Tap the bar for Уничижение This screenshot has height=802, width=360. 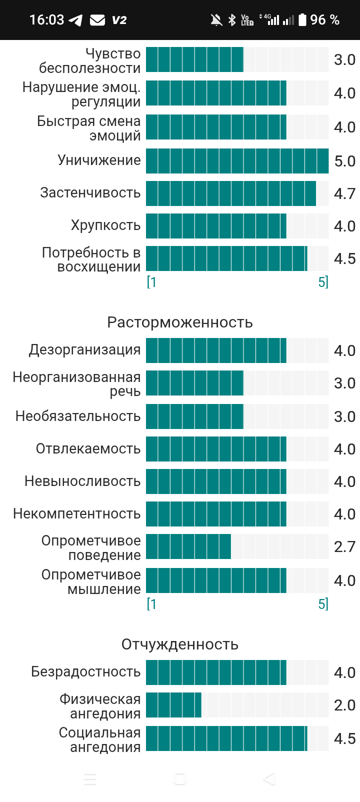pos(237,161)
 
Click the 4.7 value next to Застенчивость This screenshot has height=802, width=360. pos(344,193)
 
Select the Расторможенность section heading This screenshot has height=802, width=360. pos(180,322)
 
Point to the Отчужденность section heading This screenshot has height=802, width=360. pos(180,644)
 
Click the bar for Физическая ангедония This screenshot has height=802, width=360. pos(173,705)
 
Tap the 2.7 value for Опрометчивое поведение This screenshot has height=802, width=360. pos(344,546)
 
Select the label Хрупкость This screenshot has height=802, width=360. pos(105,225)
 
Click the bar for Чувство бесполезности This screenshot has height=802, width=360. pos(194,59)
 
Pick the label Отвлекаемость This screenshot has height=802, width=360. pos(88,448)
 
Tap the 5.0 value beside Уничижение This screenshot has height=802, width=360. pos(344,161)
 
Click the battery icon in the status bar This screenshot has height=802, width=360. pos(302,19)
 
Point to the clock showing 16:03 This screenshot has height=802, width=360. pos(46,19)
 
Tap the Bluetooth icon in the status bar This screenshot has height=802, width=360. pos(232,20)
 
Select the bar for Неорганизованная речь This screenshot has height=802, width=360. pos(194,382)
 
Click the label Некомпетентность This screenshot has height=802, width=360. pos(76,514)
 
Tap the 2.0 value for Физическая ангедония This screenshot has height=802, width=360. pos(344,705)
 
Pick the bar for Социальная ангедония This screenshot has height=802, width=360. pos(226,738)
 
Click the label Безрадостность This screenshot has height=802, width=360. pos(86,671)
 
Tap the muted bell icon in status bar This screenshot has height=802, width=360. pos(216,20)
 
